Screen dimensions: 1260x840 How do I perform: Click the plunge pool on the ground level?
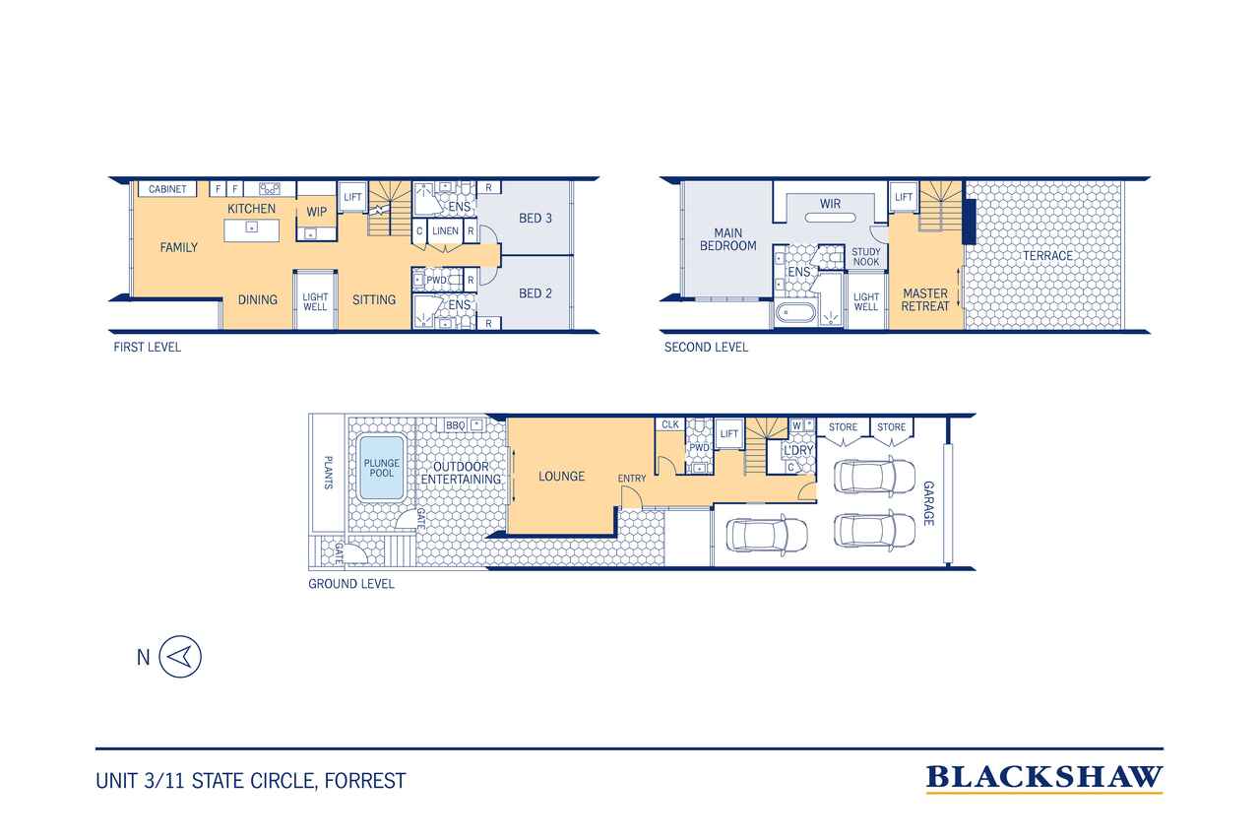(381, 468)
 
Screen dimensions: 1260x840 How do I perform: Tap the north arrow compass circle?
(180, 656)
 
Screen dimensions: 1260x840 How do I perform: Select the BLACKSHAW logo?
(1044, 779)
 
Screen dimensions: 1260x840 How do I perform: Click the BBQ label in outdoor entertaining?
(455, 425)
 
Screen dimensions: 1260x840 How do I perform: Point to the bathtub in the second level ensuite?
(794, 314)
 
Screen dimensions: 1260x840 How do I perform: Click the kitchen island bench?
(251, 230)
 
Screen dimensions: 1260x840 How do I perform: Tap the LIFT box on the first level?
(352, 196)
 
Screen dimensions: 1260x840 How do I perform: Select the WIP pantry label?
(317, 212)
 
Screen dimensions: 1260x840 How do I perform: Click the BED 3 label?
(535, 219)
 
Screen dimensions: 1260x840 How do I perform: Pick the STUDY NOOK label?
(865, 257)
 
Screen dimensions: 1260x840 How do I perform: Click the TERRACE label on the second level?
(1046, 256)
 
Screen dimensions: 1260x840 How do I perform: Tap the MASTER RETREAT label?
(925, 300)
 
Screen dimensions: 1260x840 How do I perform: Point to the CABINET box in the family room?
(167, 189)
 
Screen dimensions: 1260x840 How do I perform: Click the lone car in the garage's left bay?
(767, 534)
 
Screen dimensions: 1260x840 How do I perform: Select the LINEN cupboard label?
(446, 230)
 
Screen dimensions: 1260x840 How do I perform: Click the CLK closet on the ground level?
(670, 424)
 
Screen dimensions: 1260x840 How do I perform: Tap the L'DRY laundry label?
(798, 450)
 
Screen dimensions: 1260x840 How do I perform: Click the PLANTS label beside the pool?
(328, 473)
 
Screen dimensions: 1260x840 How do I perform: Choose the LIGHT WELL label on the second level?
(865, 301)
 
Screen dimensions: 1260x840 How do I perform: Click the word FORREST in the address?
(365, 781)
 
